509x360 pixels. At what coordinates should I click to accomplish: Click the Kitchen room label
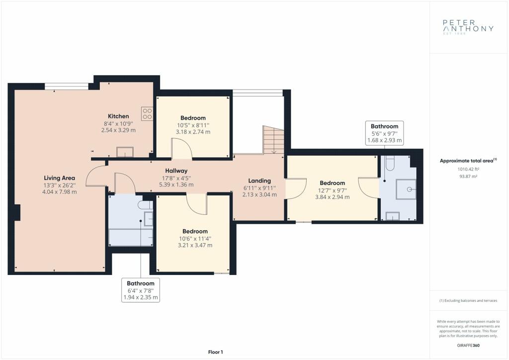[x=118, y=116]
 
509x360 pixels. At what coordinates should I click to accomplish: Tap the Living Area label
[x=60, y=178]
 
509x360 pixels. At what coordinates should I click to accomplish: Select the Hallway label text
[x=176, y=171]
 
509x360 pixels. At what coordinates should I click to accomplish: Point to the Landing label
[x=259, y=181]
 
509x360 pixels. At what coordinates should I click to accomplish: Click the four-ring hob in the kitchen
[x=147, y=113]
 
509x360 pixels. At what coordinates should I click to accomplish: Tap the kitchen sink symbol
[x=125, y=152]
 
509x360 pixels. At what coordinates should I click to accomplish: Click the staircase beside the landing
[x=273, y=140]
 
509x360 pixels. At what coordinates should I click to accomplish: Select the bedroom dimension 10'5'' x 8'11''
[x=193, y=125]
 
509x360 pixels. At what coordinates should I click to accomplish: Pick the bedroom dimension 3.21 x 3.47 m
[x=195, y=246]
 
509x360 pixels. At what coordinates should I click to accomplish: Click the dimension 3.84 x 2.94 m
[x=333, y=197]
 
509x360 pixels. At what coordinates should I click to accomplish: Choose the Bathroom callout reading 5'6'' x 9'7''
[x=385, y=133]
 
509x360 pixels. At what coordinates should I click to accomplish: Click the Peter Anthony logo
[x=468, y=27]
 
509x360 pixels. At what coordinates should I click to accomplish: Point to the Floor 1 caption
[x=216, y=352]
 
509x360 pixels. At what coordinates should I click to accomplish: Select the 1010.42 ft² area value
[x=468, y=169]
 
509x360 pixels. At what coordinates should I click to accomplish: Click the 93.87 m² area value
[x=468, y=176]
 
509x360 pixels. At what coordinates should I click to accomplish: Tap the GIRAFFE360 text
[x=468, y=346]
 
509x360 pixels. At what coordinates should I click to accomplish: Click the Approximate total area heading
[x=468, y=161]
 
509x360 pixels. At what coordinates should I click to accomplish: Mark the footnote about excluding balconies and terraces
[x=468, y=301]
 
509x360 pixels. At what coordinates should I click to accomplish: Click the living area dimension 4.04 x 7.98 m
[x=60, y=192]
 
